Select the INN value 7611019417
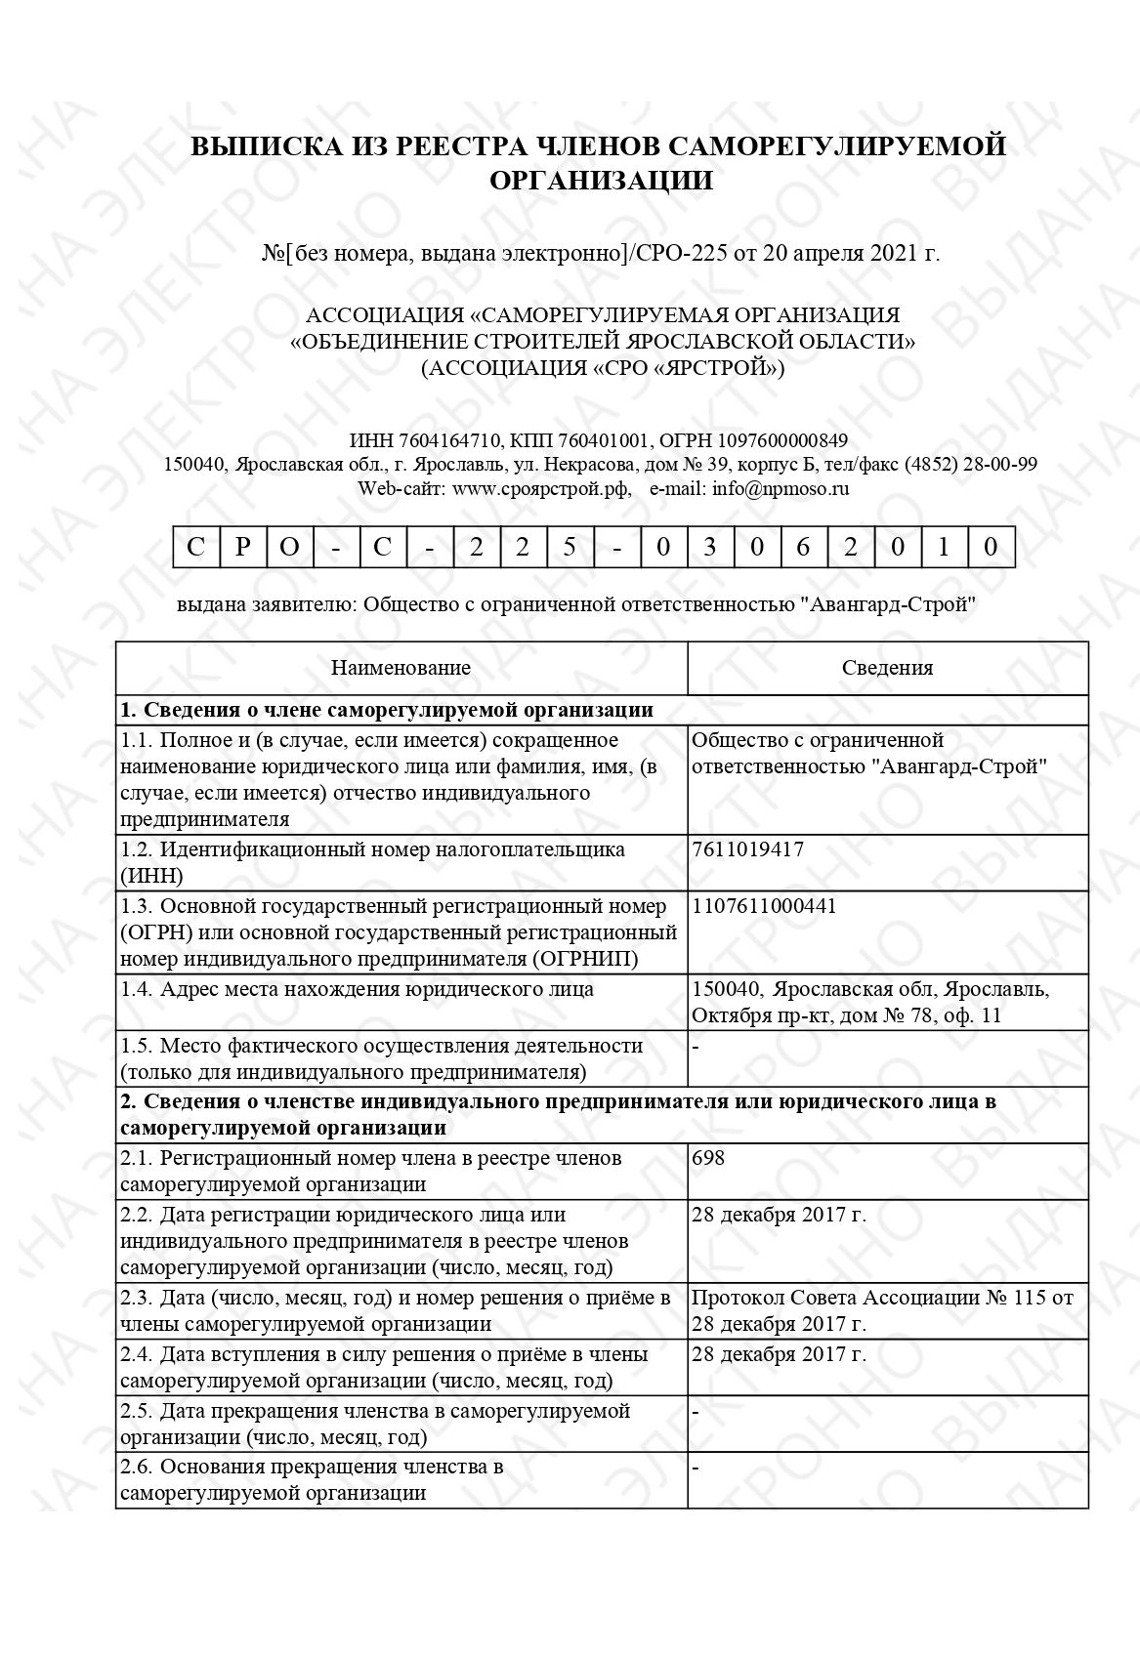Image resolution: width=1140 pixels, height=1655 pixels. pos(747,849)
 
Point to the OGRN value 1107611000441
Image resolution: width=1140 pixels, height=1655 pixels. pos(763,906)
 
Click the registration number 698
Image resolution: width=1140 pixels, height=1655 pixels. pos(707,1158)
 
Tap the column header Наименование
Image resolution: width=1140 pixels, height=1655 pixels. pos(401,668)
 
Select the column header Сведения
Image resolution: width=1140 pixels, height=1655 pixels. pos(887,668)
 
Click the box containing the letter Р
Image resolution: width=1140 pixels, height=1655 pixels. pos(242,547)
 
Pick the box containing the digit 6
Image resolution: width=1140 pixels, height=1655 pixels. pos(803,547)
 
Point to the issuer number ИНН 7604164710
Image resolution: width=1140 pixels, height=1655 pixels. pos(425,440)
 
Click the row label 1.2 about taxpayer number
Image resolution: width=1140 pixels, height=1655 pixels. pos(372,862)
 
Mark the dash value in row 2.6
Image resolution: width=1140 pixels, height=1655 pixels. pos(696,1467)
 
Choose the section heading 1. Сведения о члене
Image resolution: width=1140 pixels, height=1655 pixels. pos(386,710)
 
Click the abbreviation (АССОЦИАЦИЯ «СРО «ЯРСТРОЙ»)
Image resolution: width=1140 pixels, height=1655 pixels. pos(603,369)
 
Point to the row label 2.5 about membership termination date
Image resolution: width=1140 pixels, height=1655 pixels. pos(375,1424)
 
